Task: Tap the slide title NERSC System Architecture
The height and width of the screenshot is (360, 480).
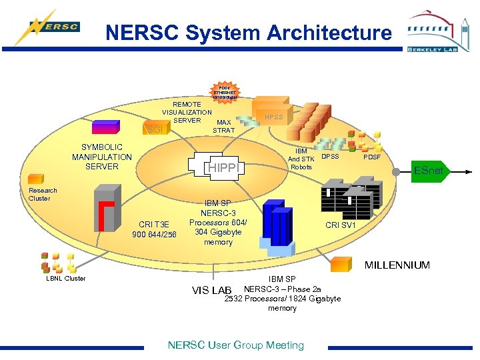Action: pos(249,33)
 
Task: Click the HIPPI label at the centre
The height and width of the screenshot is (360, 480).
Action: pos(224,167)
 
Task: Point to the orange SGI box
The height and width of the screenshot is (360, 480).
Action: pos(156,129)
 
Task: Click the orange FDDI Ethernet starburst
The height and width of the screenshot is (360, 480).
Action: pos(224,93)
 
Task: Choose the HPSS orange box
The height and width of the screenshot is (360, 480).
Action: pos(273,117)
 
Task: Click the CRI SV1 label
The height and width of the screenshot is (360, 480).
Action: pos(341,225)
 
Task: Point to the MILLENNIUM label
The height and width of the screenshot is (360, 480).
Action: pos(397,265)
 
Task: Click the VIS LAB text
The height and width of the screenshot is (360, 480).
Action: pos(211,291)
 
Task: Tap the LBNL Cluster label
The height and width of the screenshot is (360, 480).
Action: pos(66,279)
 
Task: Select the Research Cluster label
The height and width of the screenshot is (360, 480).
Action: pos(43,194)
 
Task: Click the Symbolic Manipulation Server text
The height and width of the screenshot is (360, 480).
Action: pos(102,157)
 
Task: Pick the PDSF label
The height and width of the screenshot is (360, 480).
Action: pos(372,157)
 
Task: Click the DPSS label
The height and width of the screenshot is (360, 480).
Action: pos(331,157)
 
